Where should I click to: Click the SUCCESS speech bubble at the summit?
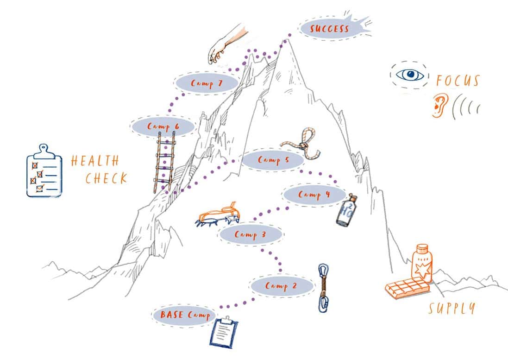tap(330, 29)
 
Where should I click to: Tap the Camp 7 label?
tap(206, 83)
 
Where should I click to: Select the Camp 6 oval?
tap(163, 126)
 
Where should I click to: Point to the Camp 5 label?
tap(272, 160)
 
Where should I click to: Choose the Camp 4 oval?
tap(314, 194)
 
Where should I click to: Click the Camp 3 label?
tap(250, 234)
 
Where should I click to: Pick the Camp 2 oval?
tap(281, 286)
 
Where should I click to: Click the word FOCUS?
tap(458, 81)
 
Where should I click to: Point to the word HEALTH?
tap(95, 161)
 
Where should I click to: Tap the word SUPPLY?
tap(451, 308)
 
